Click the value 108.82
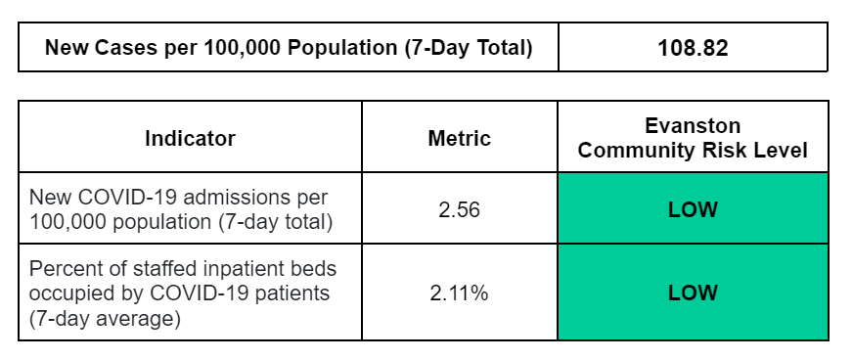693,48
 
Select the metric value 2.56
460,209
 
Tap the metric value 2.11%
460,292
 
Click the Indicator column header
190,139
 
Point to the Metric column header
460,139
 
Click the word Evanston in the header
693,126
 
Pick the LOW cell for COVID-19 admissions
693,209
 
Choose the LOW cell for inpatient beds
693,292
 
